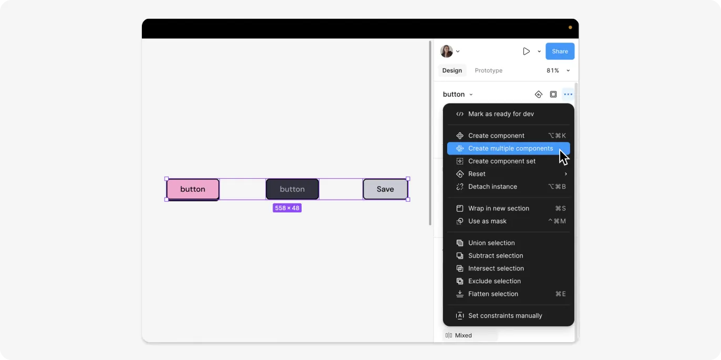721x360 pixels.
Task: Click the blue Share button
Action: pyautogui.click(x=560, y=51)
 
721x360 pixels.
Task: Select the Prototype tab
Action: pyautogui.click(x=488, y=70)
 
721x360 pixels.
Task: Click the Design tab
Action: pyautogui.click(x=452, y=70)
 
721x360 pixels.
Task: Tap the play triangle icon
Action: pyautogui.click(x=526, y=51)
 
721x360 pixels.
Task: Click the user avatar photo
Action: pyautogui.click(x=447, y=51)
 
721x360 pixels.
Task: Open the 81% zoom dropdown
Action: pyautogui.click(x=558, y=70)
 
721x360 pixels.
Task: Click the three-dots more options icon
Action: pyautogui.click(x=568, y=95)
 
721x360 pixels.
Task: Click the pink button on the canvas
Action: pyautogui.click(x=193, y=189)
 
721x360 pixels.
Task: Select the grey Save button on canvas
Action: pyautogui.click(x=385, y=189)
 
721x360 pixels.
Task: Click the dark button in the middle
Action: pyautogui.click(x=292, y=189)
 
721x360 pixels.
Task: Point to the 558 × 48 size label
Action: pyautogui.click(x=287, y=208)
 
